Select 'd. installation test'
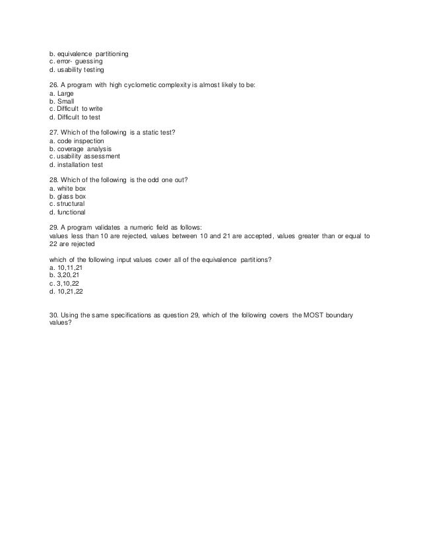77,165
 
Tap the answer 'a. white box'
67,188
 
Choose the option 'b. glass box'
67,196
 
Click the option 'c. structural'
67,204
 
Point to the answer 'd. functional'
67,212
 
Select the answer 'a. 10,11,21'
66,268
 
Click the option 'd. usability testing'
77,69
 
